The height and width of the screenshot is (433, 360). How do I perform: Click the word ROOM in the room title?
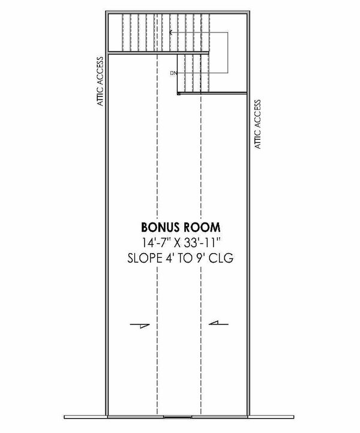[199, 228]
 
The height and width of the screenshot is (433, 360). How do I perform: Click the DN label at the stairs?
[173, 73]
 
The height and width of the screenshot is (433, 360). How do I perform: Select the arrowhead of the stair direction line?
[172, 32]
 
